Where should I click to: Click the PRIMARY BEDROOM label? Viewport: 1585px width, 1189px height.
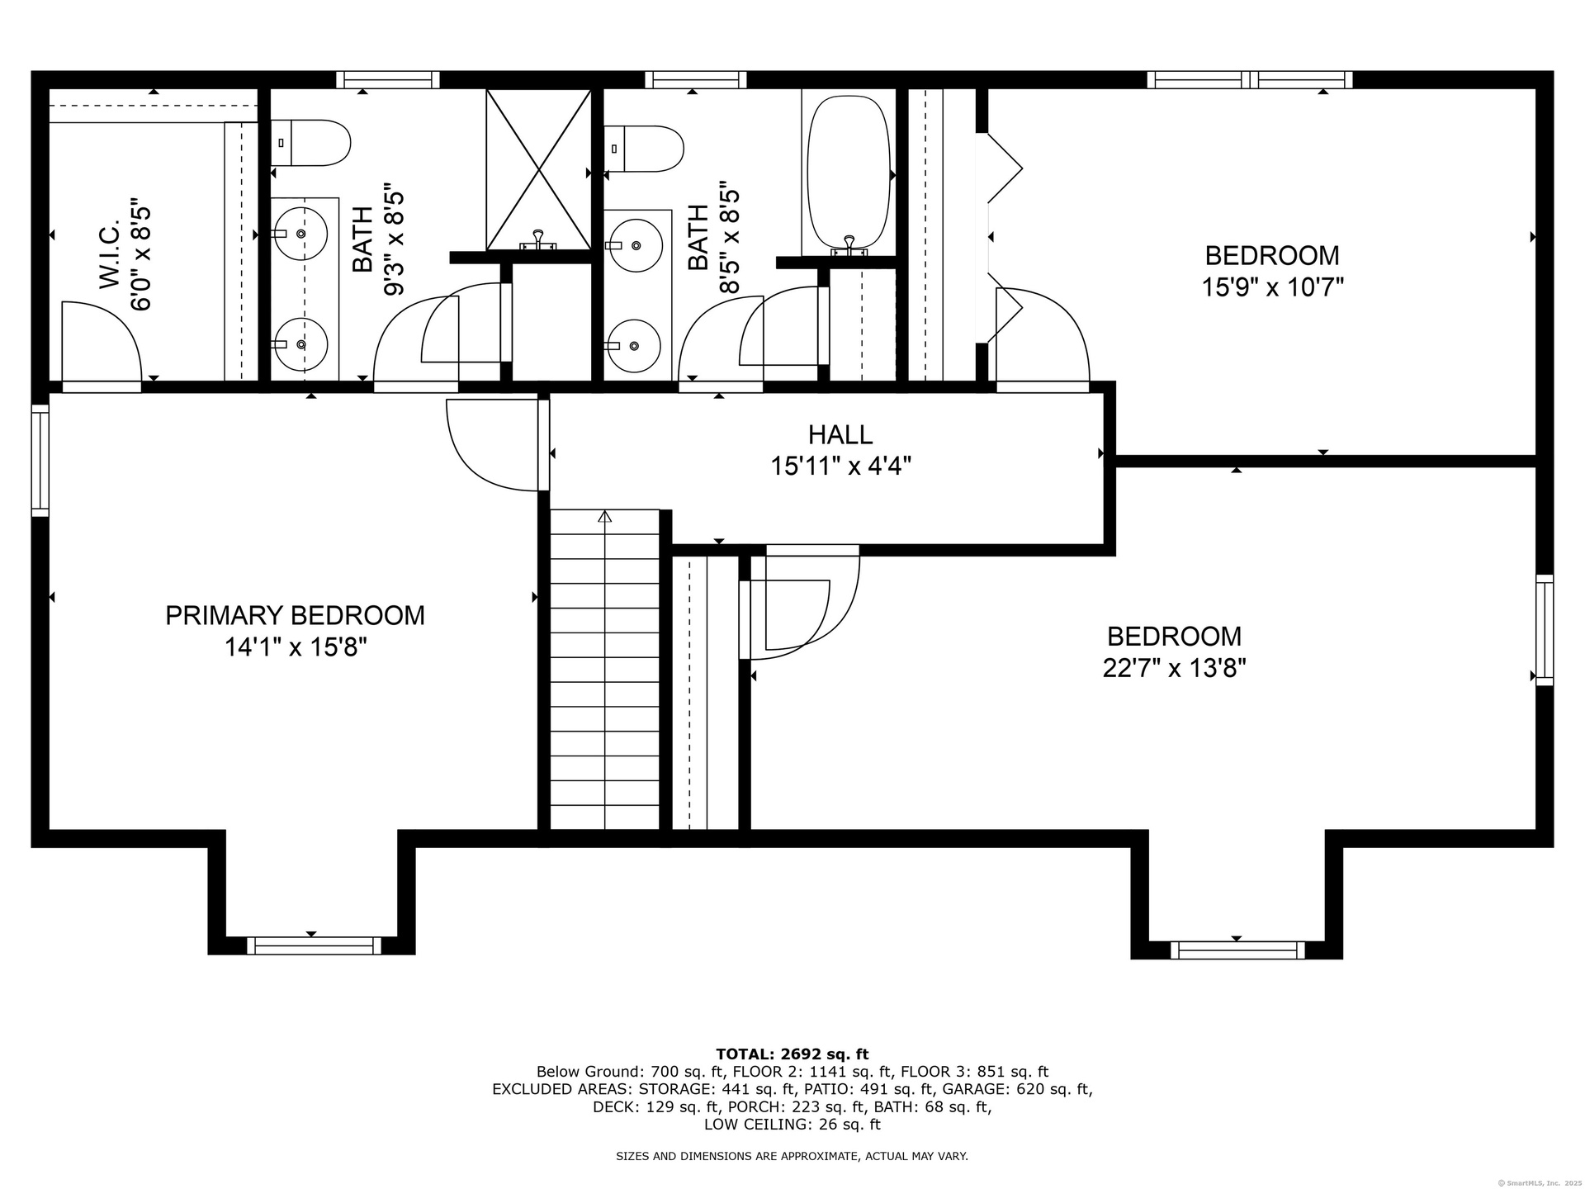click(295, 615)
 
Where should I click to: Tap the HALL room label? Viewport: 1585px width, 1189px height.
click(840, 434)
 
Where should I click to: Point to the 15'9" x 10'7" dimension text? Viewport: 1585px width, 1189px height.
click(1272, 287)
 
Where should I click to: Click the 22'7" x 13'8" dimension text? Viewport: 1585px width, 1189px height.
click(1174, 667)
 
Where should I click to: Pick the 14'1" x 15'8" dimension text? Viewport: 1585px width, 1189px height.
click(295, 647)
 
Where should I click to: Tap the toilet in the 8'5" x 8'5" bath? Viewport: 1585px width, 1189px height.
click(644, 149)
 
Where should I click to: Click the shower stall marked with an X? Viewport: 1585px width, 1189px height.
click(538, 169)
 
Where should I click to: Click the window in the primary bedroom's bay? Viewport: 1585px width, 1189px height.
click(314, 945)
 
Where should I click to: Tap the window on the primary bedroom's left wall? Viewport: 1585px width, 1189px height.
click(40, 461)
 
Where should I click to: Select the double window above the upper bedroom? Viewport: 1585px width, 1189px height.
click(1250, 80)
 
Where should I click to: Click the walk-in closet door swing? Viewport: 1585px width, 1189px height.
click(102, 342)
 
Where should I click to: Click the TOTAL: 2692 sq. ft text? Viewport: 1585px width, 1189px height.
click(792, 1054)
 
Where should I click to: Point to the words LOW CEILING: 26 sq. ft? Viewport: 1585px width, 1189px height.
click(792, 1125)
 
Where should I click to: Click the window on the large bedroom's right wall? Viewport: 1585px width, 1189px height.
click(1545, 630)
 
